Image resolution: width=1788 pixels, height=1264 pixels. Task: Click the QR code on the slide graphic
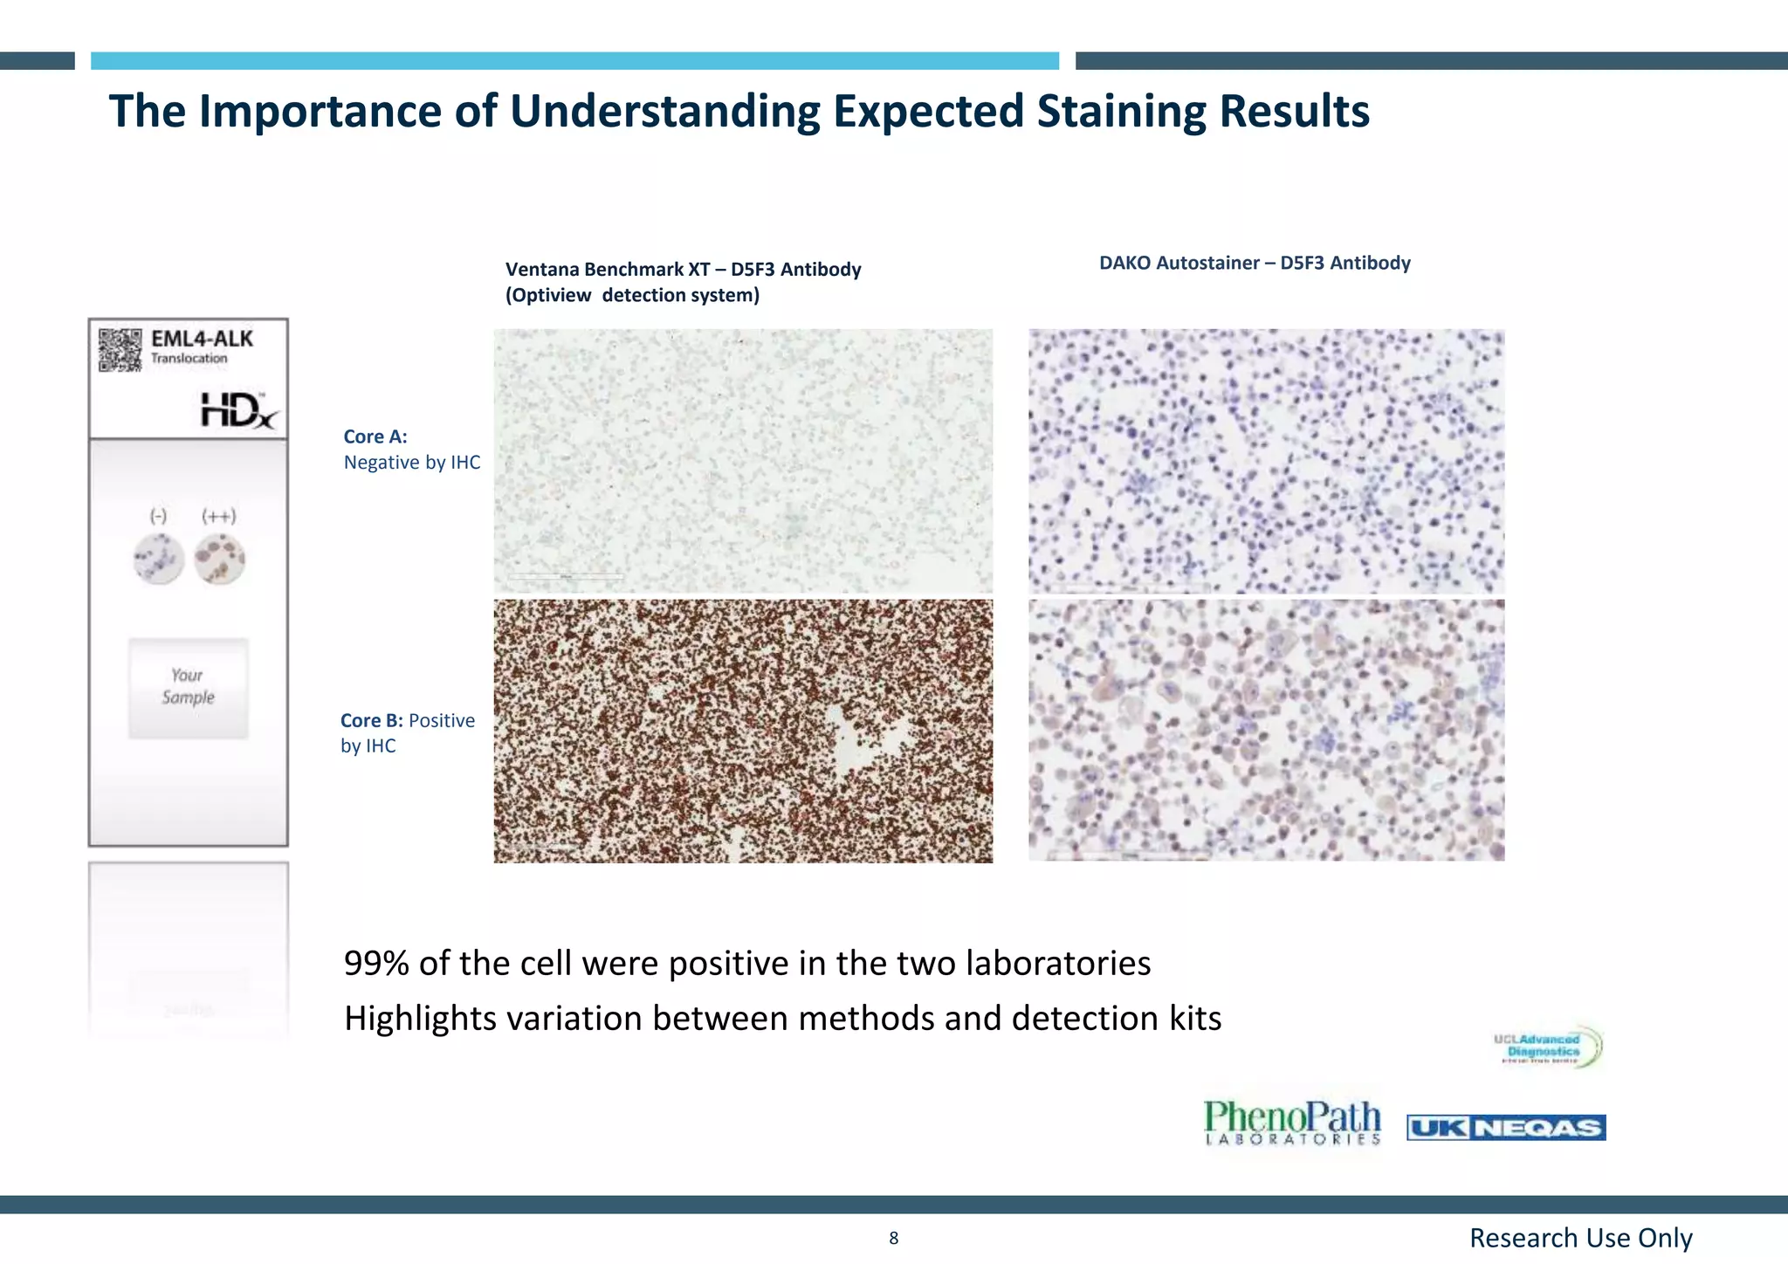point(120,350)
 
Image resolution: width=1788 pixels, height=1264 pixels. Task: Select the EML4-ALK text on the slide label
point(202,339)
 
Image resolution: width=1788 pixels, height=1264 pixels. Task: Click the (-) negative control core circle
point(159,559)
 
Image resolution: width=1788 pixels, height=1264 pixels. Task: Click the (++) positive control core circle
point(220,559)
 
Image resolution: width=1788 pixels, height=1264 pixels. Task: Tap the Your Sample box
point(189,688)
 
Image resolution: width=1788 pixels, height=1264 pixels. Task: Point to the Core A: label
point(375,436)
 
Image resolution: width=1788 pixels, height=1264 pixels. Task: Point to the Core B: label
point(371,721)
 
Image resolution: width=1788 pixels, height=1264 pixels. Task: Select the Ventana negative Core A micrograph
point(743,461)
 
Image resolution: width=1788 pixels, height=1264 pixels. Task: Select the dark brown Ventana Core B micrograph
point(743,731)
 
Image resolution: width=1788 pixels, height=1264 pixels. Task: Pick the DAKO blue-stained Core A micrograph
point(1266,461)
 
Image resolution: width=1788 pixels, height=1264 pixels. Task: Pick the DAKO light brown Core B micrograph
point(1266,730)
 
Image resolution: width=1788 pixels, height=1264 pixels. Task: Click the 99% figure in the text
point(376,964)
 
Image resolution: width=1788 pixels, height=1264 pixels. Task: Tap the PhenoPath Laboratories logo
point(1292,1123)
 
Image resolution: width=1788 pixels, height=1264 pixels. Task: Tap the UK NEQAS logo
point(1506,1128)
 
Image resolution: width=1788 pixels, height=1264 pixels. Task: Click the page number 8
point(893,1238)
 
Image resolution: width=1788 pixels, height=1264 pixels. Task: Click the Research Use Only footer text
point(1580,1238)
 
